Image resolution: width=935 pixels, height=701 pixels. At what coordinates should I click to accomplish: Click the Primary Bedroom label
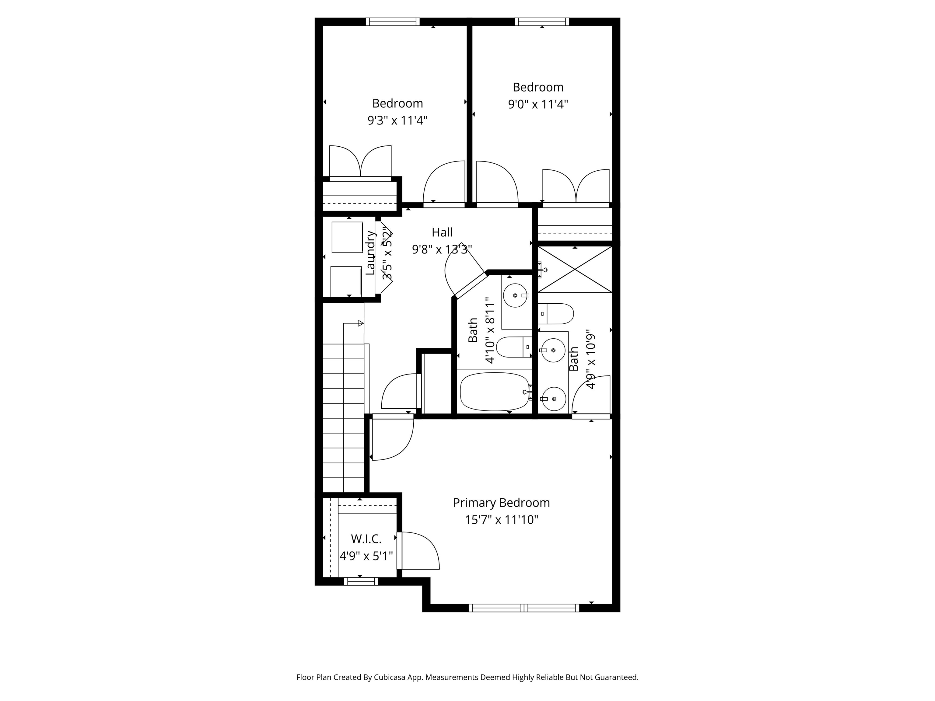[x=501, y=503]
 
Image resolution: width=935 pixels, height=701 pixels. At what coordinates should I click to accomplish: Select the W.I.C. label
[x=366, y=539]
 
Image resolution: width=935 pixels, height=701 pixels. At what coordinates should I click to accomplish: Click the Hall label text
[x=442, y=232]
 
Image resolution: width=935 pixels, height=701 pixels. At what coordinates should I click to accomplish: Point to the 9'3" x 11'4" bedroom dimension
[x=397, y=121]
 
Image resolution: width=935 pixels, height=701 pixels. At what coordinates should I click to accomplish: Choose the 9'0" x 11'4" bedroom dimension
[x=538, y=104]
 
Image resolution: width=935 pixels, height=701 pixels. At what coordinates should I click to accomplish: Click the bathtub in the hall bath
[x=494, y=392]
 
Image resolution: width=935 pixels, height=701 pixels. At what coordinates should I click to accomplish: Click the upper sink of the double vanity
[x=554, y=350]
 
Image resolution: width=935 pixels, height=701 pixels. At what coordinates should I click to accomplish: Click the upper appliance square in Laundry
[x=347, y=237]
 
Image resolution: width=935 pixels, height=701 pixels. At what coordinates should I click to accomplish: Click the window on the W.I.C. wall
[x=361, y=581]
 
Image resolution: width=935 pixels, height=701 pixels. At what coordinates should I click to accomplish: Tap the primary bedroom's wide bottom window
[x=524, y=608]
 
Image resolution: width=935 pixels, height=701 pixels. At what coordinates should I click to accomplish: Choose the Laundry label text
[x=370, y=253]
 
